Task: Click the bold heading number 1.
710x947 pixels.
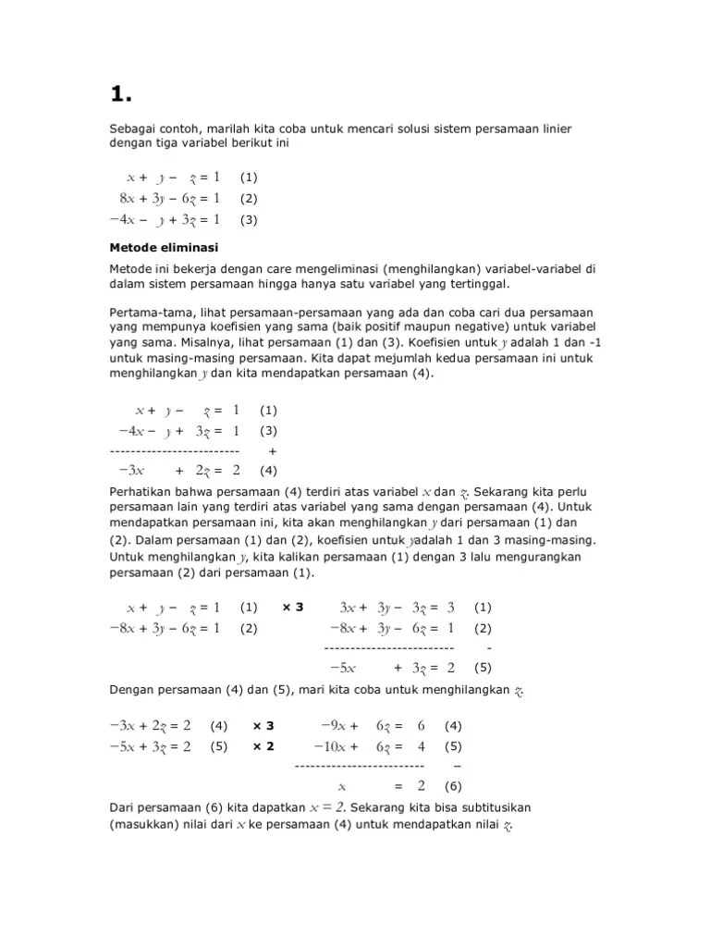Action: tap(121, 93)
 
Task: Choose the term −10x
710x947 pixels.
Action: tap(336, 746)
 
